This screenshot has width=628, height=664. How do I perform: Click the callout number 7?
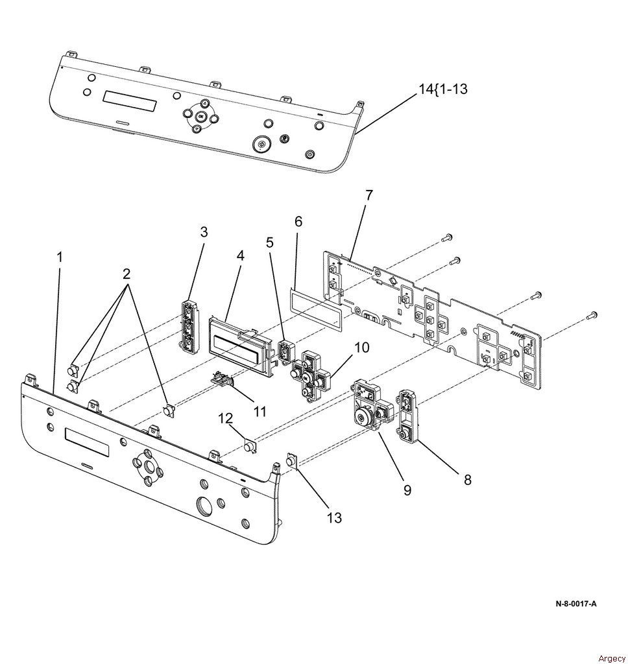tap(369, 195)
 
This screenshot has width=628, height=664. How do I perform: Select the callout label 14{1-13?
tap(443, 89)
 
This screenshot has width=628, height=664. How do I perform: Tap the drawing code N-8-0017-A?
tap(576, 604)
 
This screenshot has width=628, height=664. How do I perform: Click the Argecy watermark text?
tap(612, 658)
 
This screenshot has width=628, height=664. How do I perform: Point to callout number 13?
tap(334, 517)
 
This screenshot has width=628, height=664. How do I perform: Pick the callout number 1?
tap(60, 257)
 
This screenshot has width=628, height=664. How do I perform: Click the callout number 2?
tap(127, 274)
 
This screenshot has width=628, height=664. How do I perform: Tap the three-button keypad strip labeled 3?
tap(189, 326)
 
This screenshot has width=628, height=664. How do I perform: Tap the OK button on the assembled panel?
tap(200, 114)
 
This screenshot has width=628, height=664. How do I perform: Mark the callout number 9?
tap(407, 490)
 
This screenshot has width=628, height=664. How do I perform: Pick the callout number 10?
tap(361, 348)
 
